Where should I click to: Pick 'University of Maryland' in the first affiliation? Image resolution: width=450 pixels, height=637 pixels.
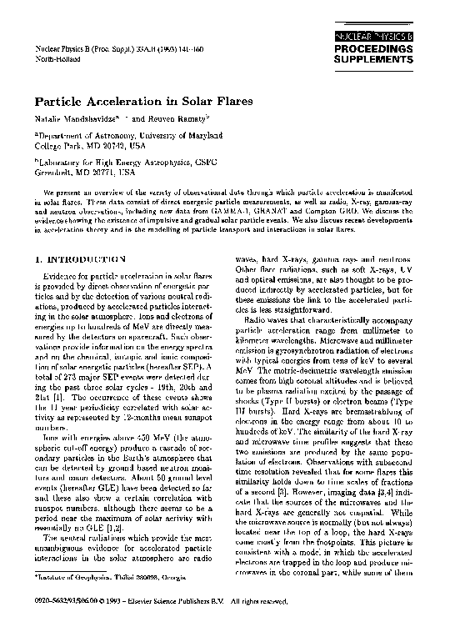click(166, 133)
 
